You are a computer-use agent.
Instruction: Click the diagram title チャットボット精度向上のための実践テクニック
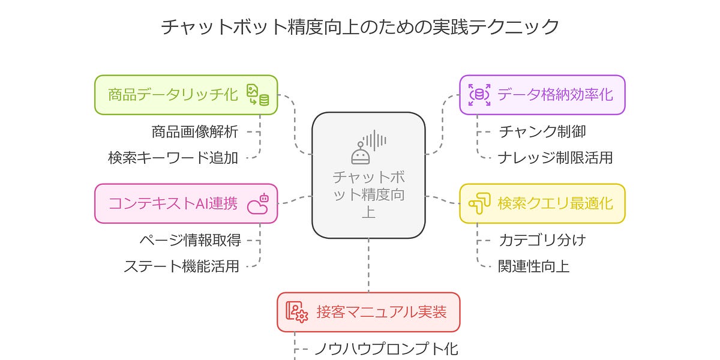click(360, 27)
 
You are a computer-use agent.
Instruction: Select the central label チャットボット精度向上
click(368, 194)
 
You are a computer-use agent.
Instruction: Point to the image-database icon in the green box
click(258, 95)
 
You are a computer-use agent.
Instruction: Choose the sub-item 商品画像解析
click(194, 131)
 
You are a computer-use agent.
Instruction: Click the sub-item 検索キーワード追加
click(173, 158)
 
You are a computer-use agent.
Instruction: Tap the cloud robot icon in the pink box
click(258, 203)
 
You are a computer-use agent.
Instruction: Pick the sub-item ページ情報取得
click(190, 240)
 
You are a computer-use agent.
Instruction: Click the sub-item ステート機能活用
click(182, 266)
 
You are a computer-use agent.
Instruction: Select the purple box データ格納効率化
click(542, 95)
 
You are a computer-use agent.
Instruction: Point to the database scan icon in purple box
click(479, 95)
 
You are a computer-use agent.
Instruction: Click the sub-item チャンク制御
click(542, 131)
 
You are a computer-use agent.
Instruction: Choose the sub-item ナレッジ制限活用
click(555, 158)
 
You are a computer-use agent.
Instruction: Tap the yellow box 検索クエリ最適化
click(542, 203)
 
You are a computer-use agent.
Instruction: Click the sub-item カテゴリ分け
click(542, 240)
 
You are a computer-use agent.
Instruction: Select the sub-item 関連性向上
click(533, 266)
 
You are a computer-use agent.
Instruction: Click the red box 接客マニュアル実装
click(368, 312)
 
